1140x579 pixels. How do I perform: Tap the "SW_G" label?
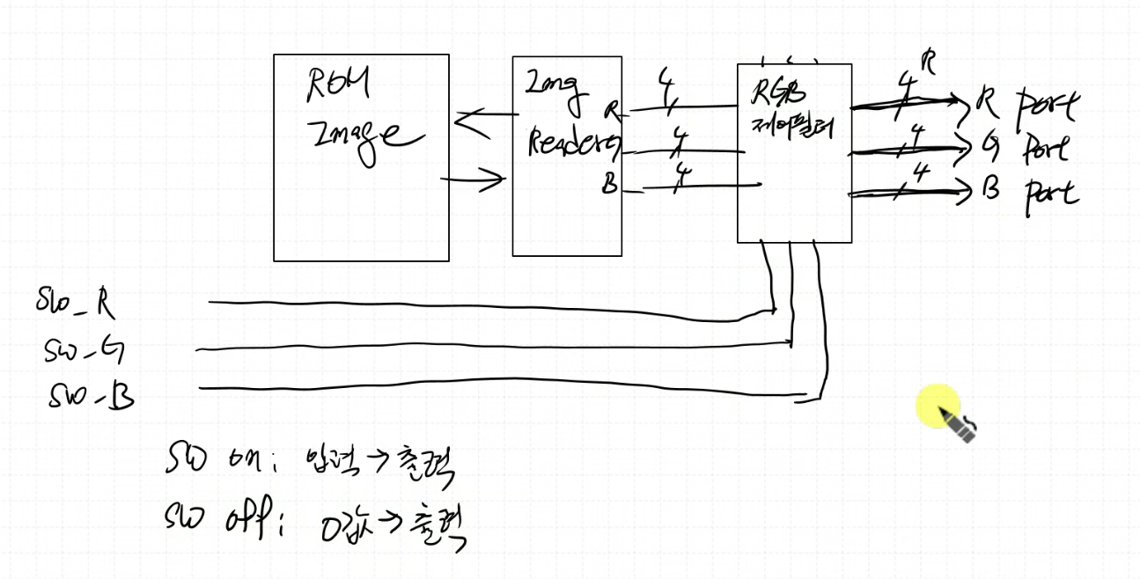(84, 351)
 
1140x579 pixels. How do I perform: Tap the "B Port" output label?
(1030, 191)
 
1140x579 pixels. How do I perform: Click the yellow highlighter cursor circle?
(938, 407)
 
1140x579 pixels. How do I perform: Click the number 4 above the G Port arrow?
(916, 135)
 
